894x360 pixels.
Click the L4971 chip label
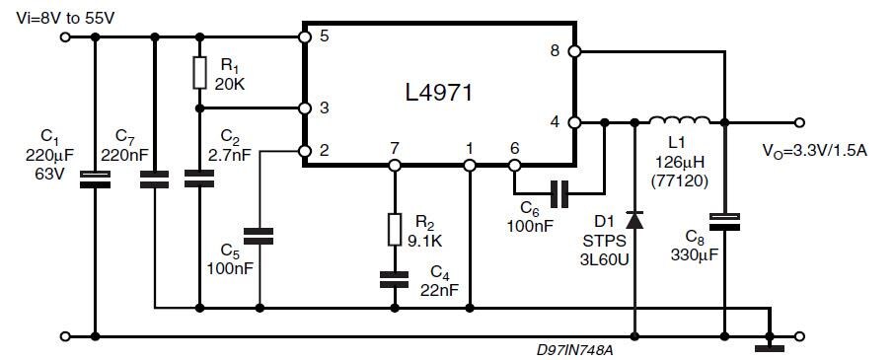coord(439,95)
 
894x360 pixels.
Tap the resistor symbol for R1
coord(199,72)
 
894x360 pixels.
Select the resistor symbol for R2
coord(394,229)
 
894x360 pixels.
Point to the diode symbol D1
coord(633,221)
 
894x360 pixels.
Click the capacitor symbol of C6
coord(560,194)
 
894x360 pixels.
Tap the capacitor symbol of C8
coord(724,221)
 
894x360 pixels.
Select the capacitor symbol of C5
coord(260,236)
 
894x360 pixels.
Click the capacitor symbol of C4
coord(394,280)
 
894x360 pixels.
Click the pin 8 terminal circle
coord(574,50)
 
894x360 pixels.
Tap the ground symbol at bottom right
coord(769,346)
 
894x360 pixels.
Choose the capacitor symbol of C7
coord(154,179)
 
